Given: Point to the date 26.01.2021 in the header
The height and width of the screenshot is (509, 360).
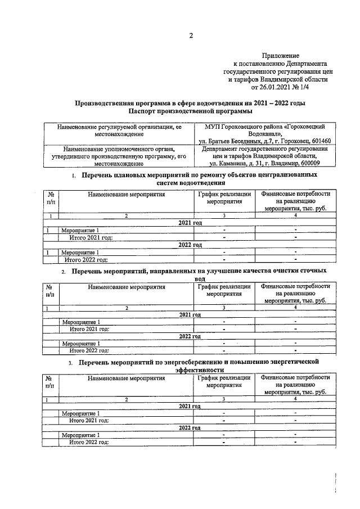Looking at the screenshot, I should pos(276,88).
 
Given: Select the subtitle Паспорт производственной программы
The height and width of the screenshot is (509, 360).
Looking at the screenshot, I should pos(191,111).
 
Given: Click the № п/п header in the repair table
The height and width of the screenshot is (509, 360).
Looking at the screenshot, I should pos(51,198).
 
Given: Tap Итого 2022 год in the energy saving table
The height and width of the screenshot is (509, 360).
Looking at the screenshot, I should pos(88,443).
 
